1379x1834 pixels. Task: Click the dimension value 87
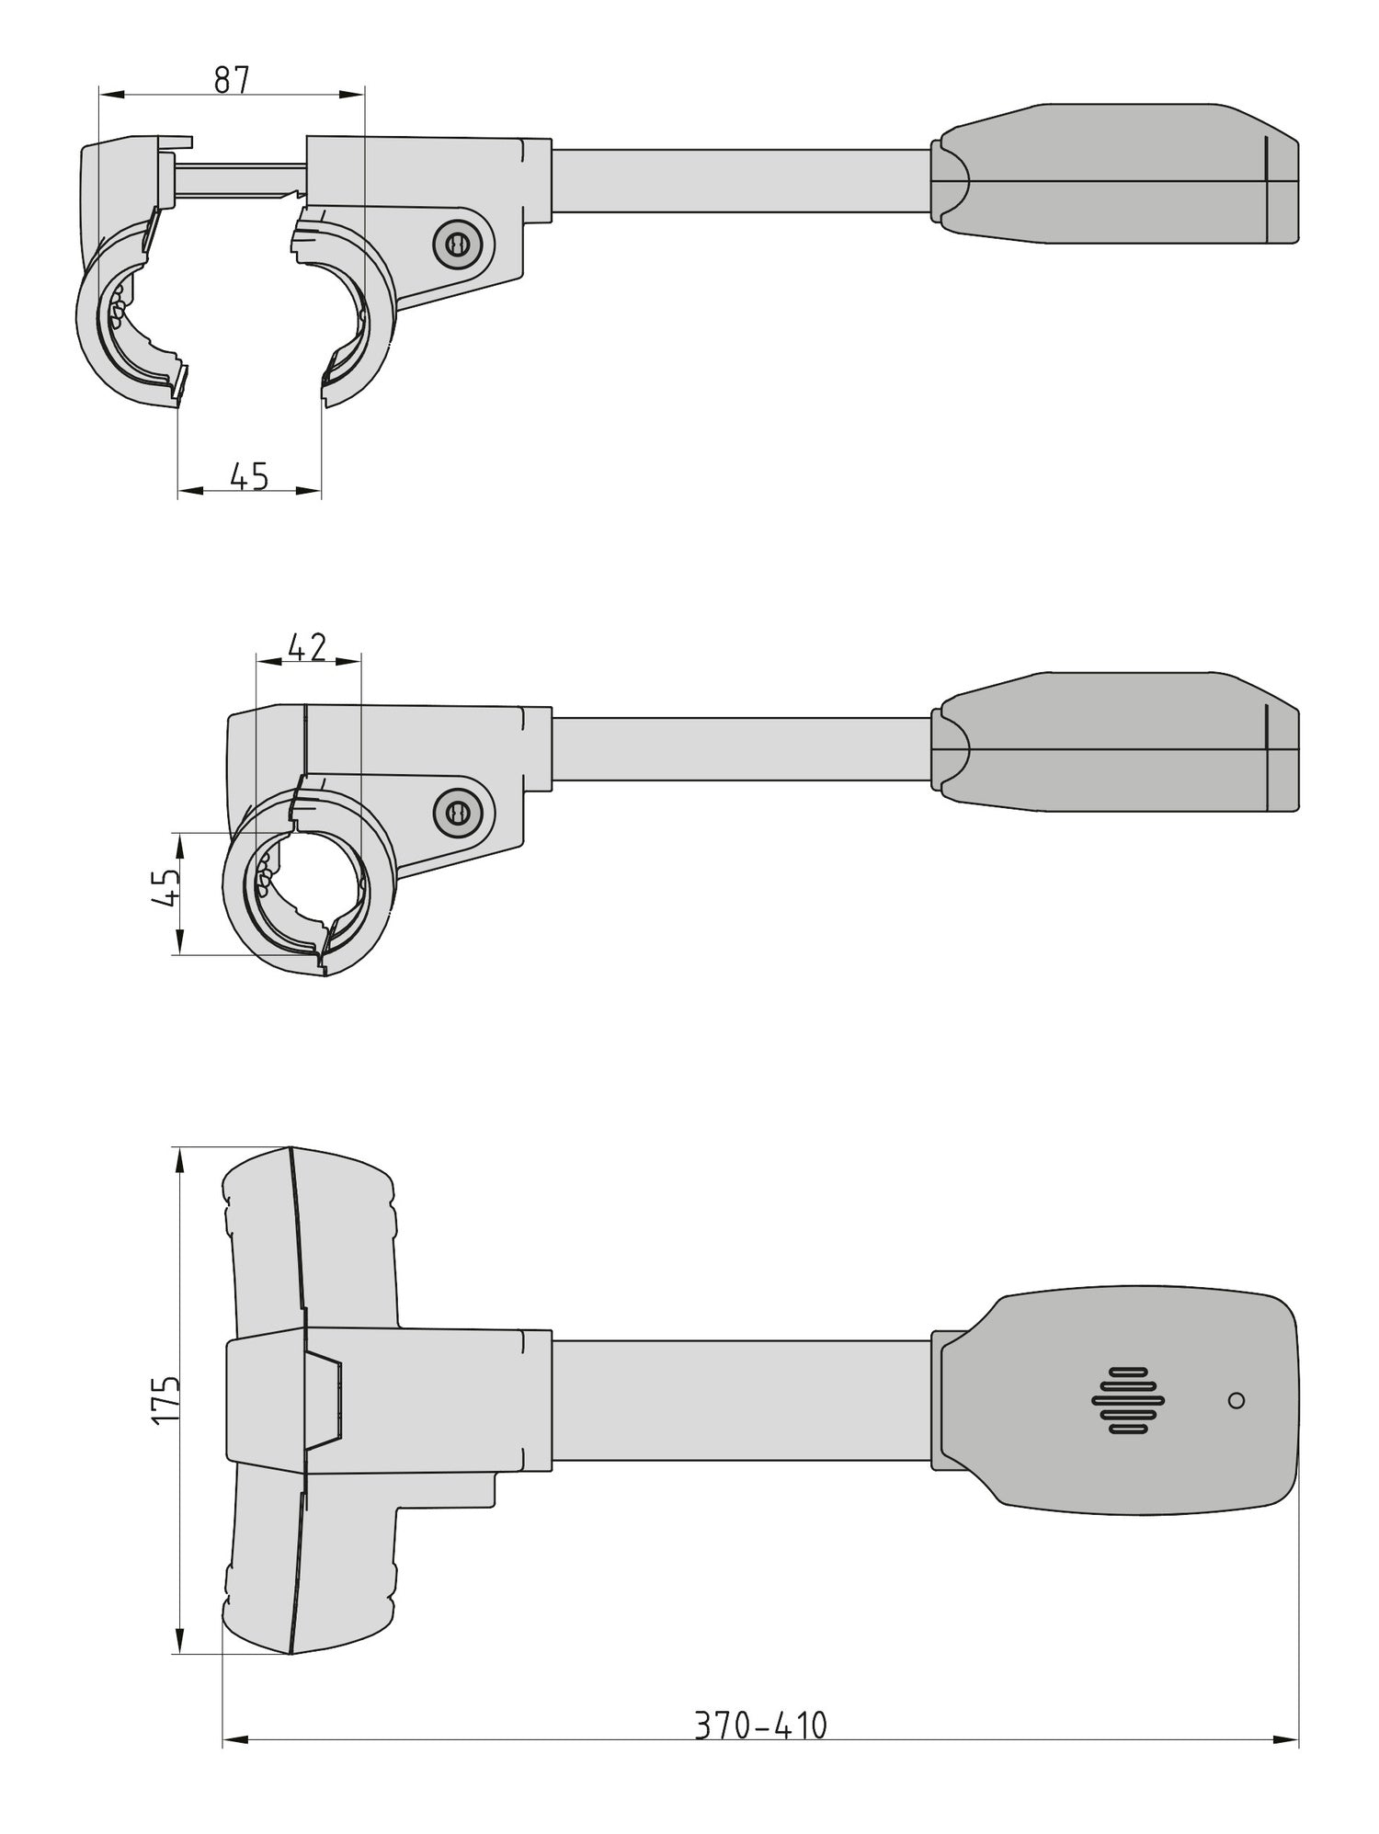(232, 80)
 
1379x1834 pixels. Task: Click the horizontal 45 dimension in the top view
(248, 476)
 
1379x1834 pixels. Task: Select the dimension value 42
(307, 647)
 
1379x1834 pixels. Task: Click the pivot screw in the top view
(454, 244)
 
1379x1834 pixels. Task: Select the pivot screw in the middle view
(454, 812)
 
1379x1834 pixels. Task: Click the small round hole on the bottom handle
(1237, 1400)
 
